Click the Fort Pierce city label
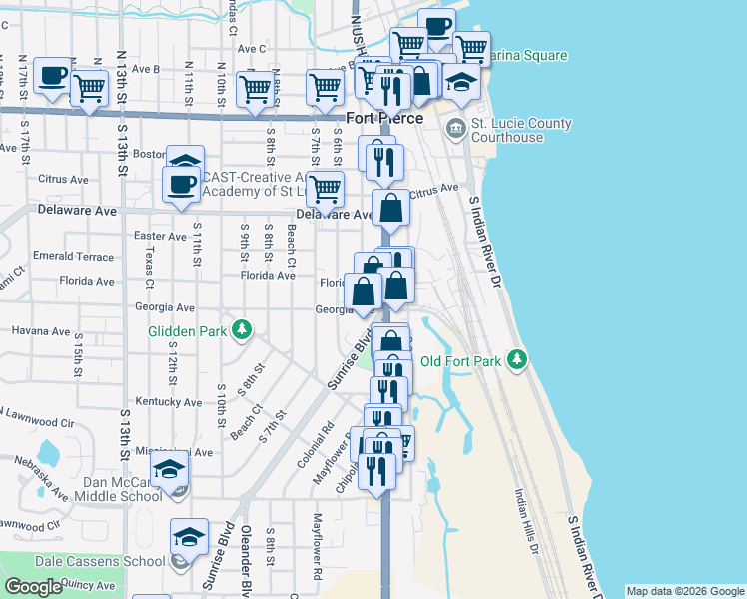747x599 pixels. point(384,118)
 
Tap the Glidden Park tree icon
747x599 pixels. point(241,329)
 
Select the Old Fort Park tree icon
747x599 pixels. point(516,359)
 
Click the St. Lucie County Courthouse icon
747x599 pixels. point(456,128)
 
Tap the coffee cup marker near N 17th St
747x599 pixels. point(53,75)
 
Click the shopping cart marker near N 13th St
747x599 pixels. point(90,88)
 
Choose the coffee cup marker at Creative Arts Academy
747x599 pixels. point(182,185)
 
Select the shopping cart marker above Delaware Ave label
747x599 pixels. point(325,188)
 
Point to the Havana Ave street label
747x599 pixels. point(40,331)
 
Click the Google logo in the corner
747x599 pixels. point(33,587)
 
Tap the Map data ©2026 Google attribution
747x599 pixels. point(685,591)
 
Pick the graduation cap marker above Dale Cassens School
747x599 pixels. point(189,537)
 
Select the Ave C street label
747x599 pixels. point(249,48)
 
